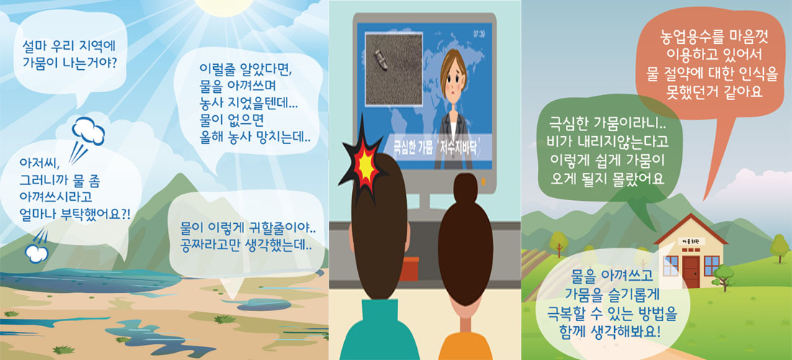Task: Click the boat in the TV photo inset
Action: [381, 60]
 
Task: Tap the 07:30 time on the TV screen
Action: [480, 34]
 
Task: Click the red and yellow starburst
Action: [363, 163]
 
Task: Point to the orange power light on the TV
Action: [482, 180]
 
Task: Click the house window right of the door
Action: [711, 266]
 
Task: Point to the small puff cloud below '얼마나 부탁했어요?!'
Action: [37, 253]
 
